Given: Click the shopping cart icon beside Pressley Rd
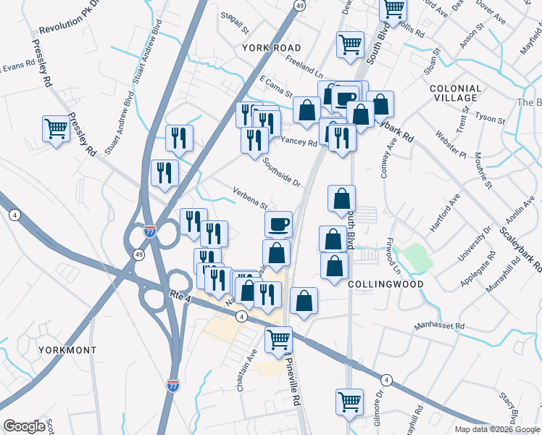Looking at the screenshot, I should (x=55, y=129).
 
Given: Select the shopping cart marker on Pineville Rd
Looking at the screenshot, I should (x=278, y=339).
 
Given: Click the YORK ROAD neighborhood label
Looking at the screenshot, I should (x=271, y=48).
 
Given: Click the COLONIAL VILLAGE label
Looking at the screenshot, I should (x=455, y=92).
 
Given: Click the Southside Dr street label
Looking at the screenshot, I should (x=282, y=172).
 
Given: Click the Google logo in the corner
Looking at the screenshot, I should (x=25, y=426).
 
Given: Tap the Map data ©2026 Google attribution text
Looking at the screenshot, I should (x=496, y=429).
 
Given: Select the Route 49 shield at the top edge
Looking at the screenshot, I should (x=300, y=5).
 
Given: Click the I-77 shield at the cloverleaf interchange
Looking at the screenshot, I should (x=149, y=232).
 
